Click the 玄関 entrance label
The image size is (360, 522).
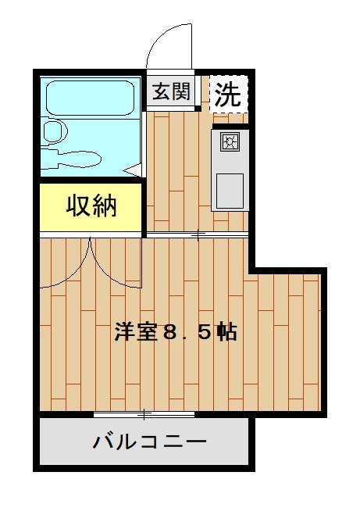(x=171, y=91)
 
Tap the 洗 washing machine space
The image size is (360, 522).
(x=228, y=95)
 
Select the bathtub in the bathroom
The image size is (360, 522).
(x=90, y=98)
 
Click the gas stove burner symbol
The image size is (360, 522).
(x=230, y=142)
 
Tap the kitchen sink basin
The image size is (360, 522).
(x=230, y=191)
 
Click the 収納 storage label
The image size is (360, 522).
(x=91, y=206)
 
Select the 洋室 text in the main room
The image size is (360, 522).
(x=136, y=331)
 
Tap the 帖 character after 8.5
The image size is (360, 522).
(x=227, y=331)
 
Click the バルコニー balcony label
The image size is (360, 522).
(x=149, y=442)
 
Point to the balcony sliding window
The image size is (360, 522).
(x=144, y=414)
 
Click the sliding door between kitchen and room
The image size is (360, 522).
(x=198, y=235)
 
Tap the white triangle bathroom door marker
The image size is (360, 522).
(x=133, y=170)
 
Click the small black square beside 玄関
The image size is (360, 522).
(x=198, y=109)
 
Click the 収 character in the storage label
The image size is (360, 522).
(x=79, y=206)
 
